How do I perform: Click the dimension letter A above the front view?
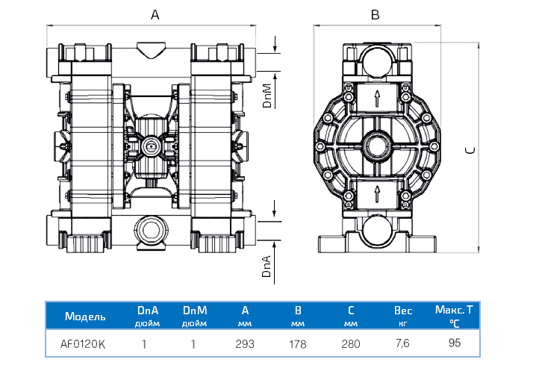[155, 14]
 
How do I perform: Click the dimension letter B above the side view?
[376, 14]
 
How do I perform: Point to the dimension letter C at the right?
[470, 149]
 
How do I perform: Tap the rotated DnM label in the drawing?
[267, 96]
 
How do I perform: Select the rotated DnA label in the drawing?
[267, 265]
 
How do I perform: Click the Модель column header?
[86, 316]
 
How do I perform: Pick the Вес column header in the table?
[403, 311]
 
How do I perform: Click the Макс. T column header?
[454, 309]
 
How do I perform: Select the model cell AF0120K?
[83, 344]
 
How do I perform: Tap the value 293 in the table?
[245, 344]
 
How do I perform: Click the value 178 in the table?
[298, 344]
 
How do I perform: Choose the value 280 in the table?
[351, 344]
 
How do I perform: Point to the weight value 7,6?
[403, 344]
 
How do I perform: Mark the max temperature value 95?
[455, 343]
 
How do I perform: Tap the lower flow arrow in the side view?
[377, 196]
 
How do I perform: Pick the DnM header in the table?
[193, 311]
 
